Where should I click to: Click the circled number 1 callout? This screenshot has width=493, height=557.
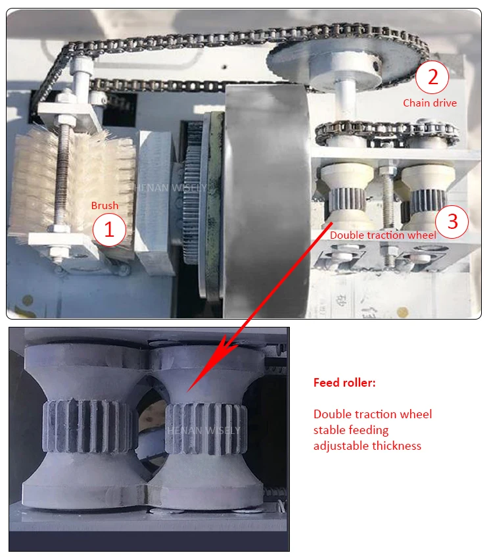tap(109, 230)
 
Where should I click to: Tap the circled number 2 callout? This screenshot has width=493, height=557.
tap(433, 77)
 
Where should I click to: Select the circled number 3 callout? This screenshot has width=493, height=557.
tap(452, 222)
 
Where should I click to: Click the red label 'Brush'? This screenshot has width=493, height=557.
tap(105, 205)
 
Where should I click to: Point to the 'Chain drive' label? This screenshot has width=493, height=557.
tap(430, 103)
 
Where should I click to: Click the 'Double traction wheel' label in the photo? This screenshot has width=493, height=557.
tap(383, 235)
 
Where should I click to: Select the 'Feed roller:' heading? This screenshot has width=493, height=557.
tap(344, 383)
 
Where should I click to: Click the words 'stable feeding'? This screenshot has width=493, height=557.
tap(351, 430)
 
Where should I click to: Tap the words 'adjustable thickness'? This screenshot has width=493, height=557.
tap(367, 446)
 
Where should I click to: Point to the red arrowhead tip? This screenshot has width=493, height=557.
tap(187, 392)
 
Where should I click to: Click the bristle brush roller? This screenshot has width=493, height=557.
tap(73, 185)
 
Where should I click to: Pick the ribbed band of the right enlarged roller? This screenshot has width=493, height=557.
tap(206, 429)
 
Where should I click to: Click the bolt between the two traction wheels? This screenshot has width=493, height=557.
tap(387, 195)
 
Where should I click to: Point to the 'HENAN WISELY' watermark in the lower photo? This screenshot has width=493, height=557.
tap(204, 431)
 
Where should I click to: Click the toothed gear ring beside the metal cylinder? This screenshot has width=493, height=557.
tap(193, 193)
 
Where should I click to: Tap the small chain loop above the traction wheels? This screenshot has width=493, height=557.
tap(387, 133)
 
